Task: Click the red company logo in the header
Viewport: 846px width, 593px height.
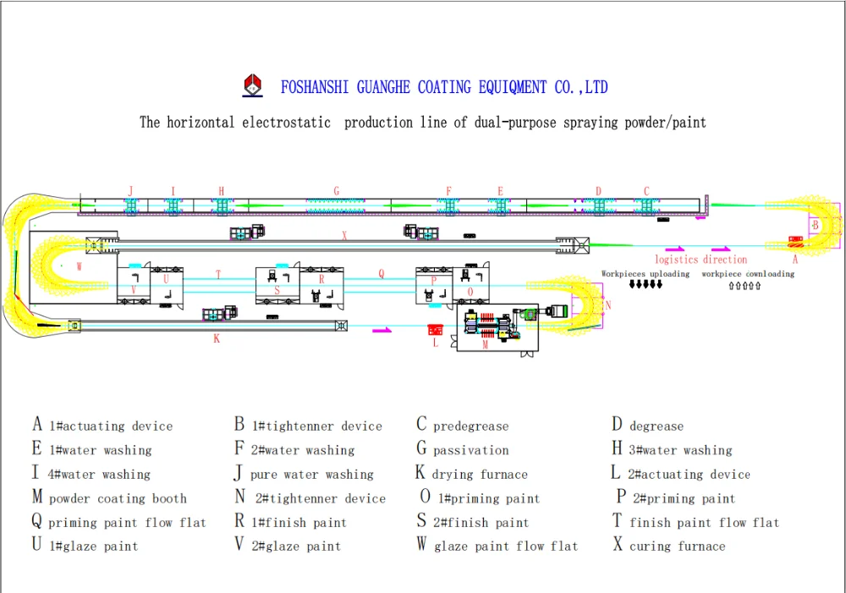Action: (x=253, y=85)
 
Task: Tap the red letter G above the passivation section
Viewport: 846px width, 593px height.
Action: (x=337, y=191)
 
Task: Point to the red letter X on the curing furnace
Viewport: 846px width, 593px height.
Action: (x=344, y=237)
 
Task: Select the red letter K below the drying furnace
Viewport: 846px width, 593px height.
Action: (x=217, y=338)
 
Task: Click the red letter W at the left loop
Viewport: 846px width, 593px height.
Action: (x=79, y=266)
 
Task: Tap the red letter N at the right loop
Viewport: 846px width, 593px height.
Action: (x=607, y=305)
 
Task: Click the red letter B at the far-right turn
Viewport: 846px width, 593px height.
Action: (x=815, y=226)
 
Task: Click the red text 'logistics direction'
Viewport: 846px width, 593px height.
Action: (x=700, y=260)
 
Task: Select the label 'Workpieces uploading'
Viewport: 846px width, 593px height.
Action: (x=645, y=274)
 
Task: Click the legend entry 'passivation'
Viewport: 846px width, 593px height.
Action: (x=471, y=451)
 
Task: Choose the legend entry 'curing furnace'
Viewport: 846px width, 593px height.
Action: (x=677, y=546)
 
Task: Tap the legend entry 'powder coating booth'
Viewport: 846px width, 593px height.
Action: (x=118, y=499)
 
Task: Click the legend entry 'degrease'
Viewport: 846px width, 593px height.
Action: (x=656, y=426)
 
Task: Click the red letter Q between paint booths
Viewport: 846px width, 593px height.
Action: (x=381, y=274)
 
